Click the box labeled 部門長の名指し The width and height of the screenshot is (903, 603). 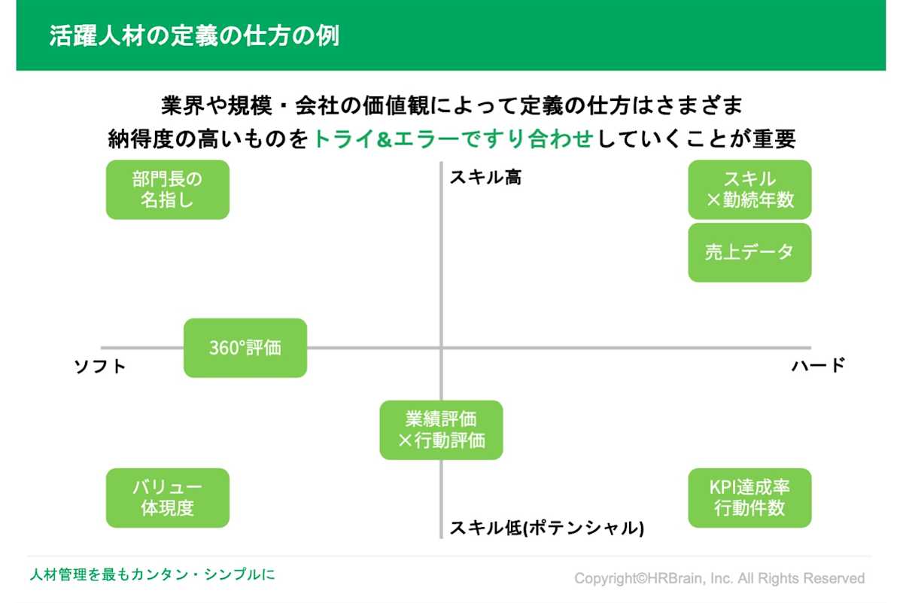pos(167,190)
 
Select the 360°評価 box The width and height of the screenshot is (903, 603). pos(245,348)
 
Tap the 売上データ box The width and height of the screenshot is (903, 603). pos(749,252)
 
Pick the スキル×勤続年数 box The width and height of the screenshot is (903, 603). pos(749,190)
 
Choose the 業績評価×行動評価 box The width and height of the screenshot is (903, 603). pos(441,430)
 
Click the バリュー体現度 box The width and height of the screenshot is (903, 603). pos(167,498)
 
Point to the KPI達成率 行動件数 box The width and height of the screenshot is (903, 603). pos(749,498)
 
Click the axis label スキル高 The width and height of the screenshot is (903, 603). pos(485,178)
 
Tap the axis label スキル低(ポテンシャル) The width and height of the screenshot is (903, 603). pos(546,528)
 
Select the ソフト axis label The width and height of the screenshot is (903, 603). pos(99,367)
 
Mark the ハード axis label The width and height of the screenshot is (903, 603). pos(819,366)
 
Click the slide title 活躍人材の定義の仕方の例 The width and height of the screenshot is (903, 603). pos(194,36)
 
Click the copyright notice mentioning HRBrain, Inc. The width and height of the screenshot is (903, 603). pos(719,578)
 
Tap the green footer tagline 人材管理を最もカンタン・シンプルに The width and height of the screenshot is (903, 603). pos(152,574)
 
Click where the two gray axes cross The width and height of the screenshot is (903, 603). pos(441,348)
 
